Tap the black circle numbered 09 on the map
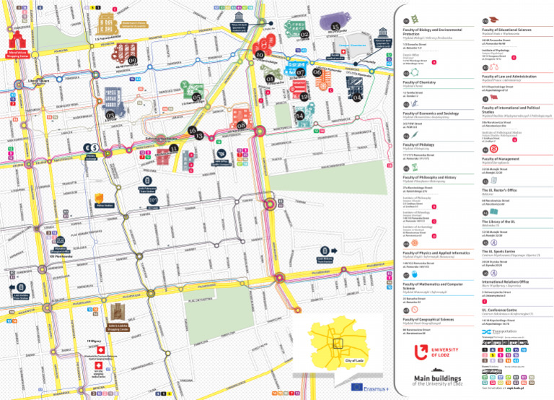pyautogui.click(x=132, y=61)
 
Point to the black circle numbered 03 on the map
pyautogui.click(x=110, y=114)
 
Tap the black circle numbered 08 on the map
pyautogui.click(x=241, y=126)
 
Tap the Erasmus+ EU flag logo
pyautogui.click(x=358, y=386)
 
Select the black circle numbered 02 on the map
pyautogui.click(x=304, y=34)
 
